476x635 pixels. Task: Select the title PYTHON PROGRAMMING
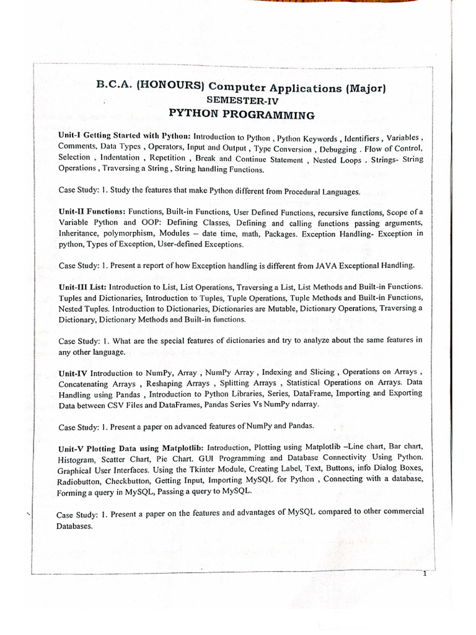[242, 115]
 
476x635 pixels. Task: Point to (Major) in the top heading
[366, 88]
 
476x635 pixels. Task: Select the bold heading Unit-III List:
[83, 287]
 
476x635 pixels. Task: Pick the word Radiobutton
[78, 481]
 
